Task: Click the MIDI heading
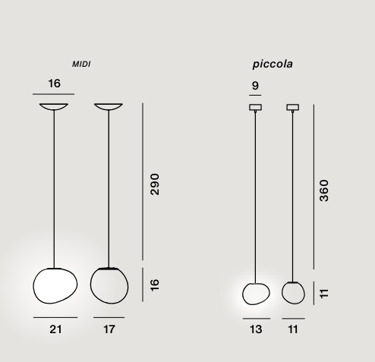[x=81, y=65]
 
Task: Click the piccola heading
[x=273, y=64]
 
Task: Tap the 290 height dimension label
[x=155, y=184]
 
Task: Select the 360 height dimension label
[x=324, y=190]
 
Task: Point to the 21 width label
[x=55, y=329]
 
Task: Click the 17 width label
[x=109, y=329]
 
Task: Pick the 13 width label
[x=256, y=329]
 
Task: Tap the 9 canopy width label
[x=255, y=86]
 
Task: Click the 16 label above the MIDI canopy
[x=55, y=83]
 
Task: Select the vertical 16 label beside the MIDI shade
[x=155, y=285]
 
